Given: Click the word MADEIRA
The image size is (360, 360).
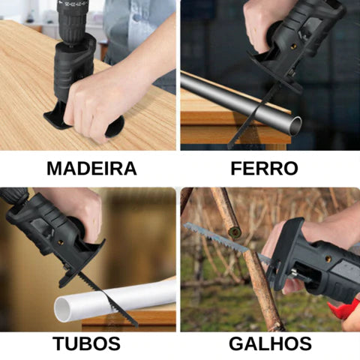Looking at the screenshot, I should pos(91,168).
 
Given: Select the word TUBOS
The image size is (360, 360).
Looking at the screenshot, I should pos(86,345).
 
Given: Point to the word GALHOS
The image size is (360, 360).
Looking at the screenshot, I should pos(270,345).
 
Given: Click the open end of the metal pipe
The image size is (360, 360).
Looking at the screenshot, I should pos(295,125).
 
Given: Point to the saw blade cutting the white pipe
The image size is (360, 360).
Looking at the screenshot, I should pos(105,296).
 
